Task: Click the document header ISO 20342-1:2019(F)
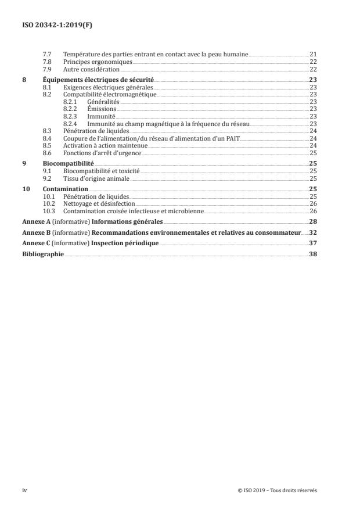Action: click(51, 25)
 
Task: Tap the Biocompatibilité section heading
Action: click(69, 164)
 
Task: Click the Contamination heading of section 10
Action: click(66, 189)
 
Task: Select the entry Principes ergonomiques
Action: click(98, 61)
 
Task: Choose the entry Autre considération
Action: click(91, 69)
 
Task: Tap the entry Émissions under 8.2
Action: click(102, 109)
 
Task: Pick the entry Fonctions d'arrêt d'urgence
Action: click(102, 153)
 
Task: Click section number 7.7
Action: click(47, 54)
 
